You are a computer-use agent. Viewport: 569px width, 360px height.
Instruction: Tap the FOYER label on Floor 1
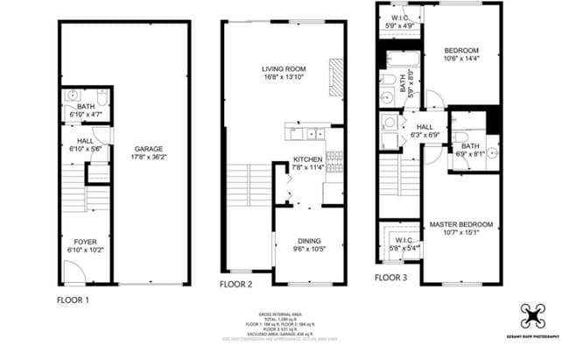(85, 241)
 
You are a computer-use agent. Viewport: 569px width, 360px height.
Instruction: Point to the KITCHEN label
(308, 159)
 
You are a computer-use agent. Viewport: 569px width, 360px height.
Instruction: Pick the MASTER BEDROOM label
(461, 224)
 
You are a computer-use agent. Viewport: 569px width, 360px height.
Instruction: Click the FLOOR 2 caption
(236, 285)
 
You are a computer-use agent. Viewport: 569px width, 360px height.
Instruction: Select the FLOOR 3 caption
(391, 278)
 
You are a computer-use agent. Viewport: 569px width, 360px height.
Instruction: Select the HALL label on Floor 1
(85, 140)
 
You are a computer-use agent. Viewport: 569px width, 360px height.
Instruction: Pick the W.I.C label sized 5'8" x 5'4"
(404, 243)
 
